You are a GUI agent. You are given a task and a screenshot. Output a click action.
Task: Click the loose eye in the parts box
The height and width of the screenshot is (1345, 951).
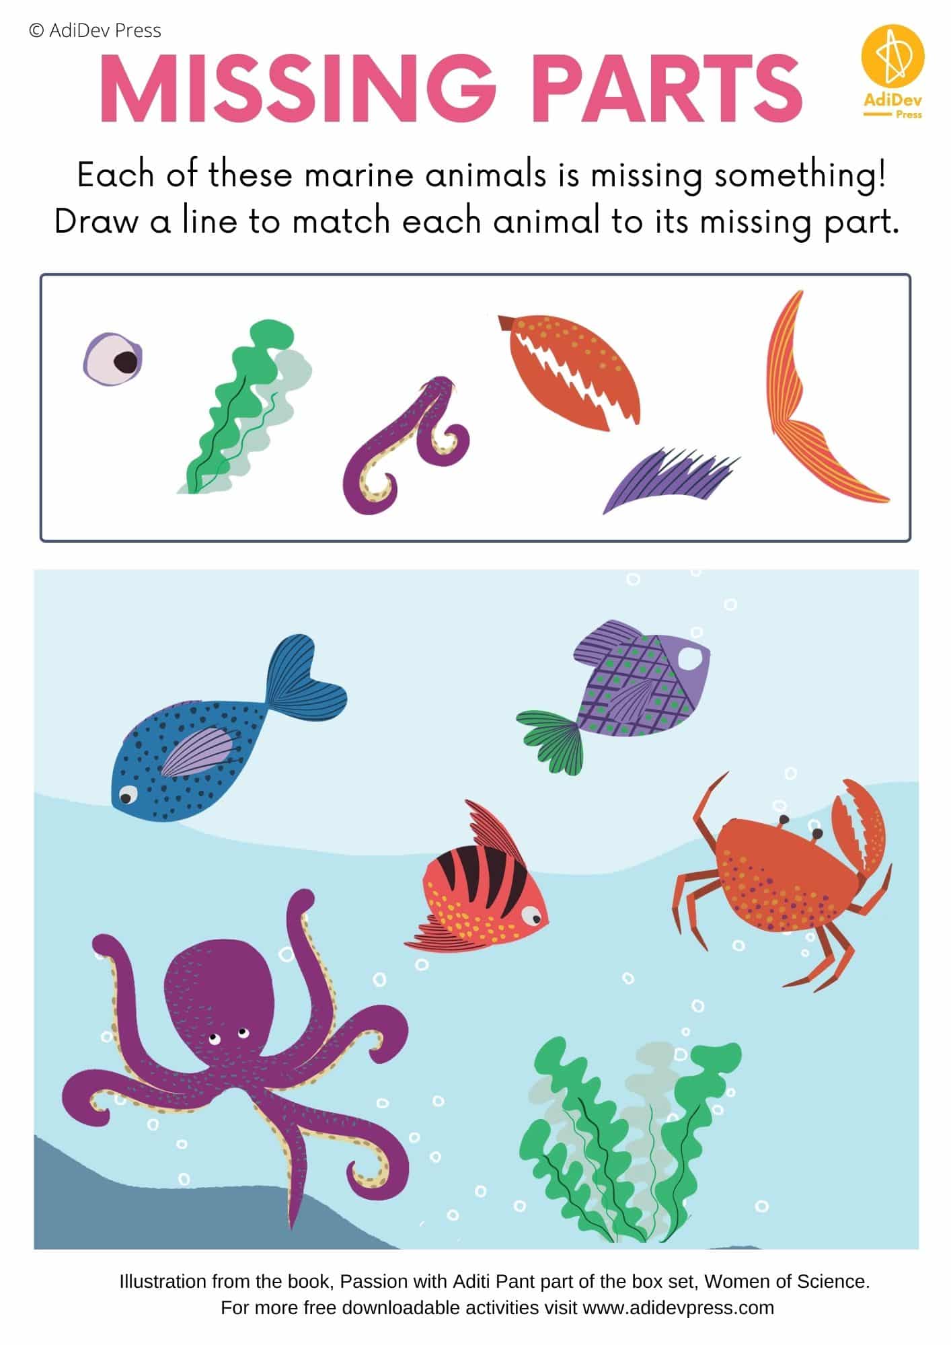click(x=113, y=359)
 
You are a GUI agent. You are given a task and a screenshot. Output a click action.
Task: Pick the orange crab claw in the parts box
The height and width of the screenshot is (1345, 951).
click(x=569, y=371)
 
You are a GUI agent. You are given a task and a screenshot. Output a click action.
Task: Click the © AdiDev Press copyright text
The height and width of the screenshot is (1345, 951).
click(x=95, y=30)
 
